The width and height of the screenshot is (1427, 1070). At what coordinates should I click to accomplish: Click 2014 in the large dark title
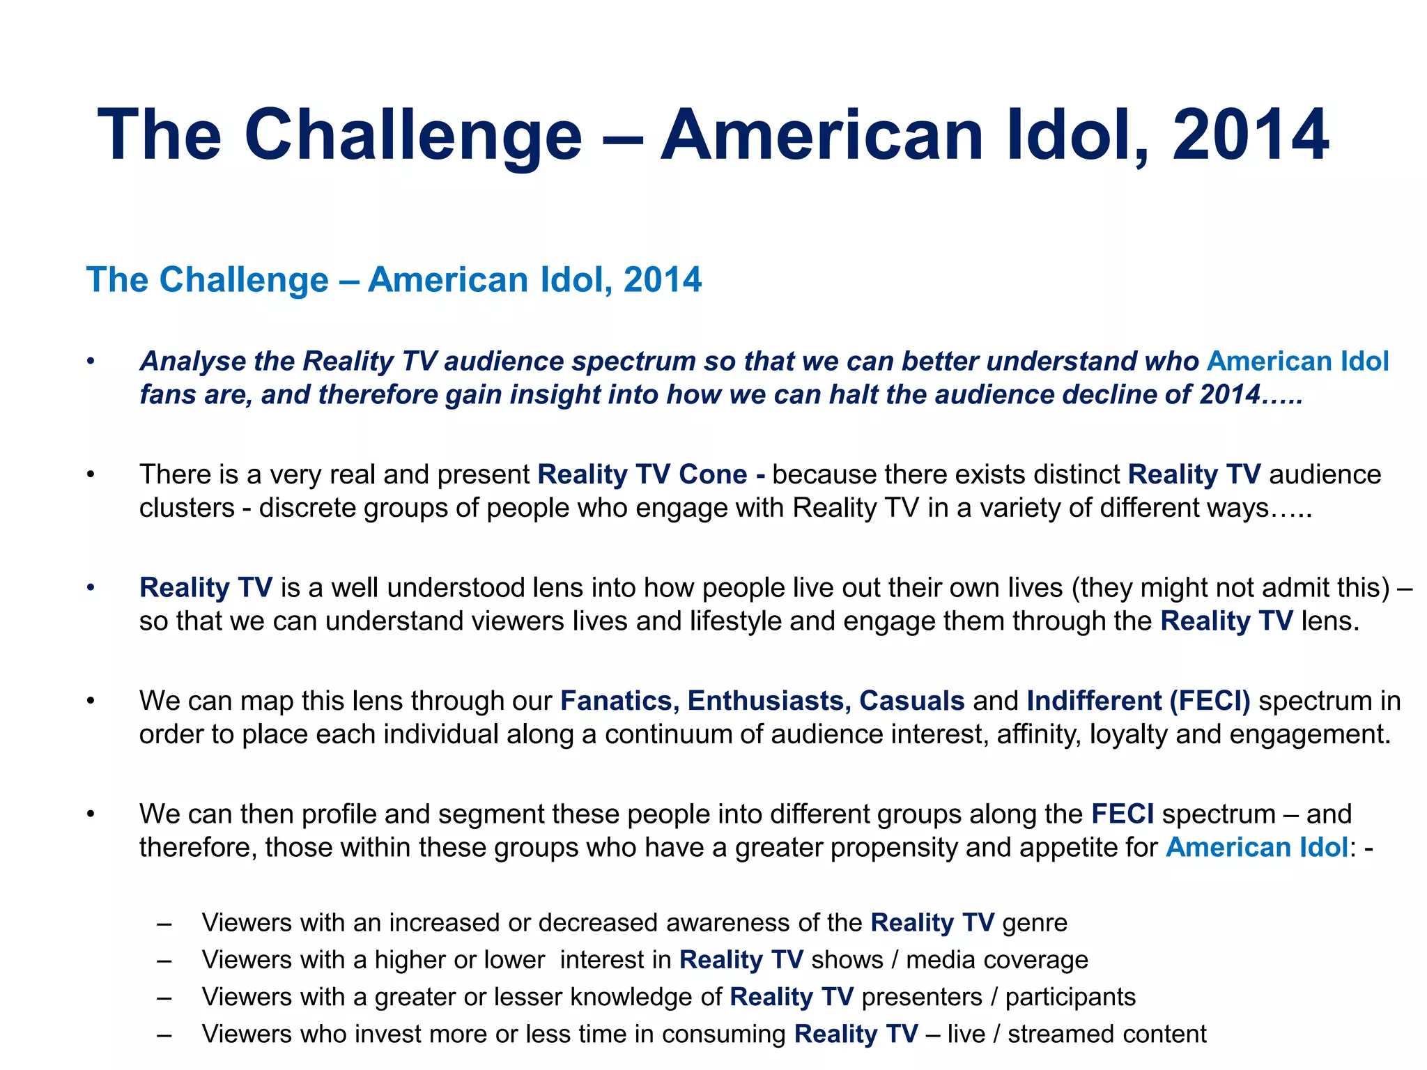click(1251, 135)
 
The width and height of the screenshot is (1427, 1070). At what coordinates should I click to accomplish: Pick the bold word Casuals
click(911, 701)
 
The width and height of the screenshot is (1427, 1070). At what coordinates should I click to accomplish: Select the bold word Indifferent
click(1094, 701)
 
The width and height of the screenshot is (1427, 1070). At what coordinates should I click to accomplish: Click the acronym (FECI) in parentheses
click(1210, 701)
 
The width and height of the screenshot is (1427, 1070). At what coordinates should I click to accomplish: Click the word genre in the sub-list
click(1035, 923)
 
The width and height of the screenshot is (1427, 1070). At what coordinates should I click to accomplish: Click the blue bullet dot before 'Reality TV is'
click(90, 588)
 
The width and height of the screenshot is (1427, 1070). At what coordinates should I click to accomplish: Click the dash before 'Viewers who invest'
click(164, 1034)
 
